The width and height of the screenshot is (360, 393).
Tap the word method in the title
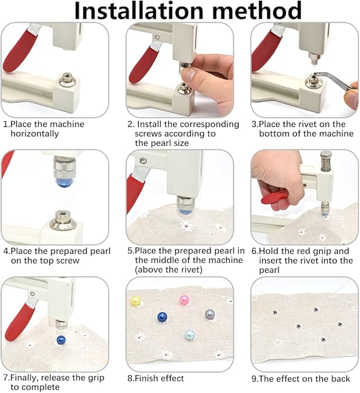pyautogui.click(x=255, y=11)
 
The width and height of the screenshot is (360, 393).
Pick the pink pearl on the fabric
pyautogui.click(x=185, y=300)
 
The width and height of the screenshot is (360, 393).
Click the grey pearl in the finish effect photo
pyautogui.click(x=210, y=314)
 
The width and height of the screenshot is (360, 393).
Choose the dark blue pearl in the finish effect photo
pyautogui.click(x=162, y=317)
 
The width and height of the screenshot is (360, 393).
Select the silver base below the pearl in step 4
pyautogui.click(x=63, y=221)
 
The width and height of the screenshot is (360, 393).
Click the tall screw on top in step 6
pyautogui.click(x=326, y=161)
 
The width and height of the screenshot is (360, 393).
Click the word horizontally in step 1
pyautogui.click(x=34, y=134)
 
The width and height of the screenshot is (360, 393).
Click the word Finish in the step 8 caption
pyautogui.click(x=146, y=378)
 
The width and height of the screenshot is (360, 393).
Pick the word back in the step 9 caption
pyautogui.click(x=339, y=378)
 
